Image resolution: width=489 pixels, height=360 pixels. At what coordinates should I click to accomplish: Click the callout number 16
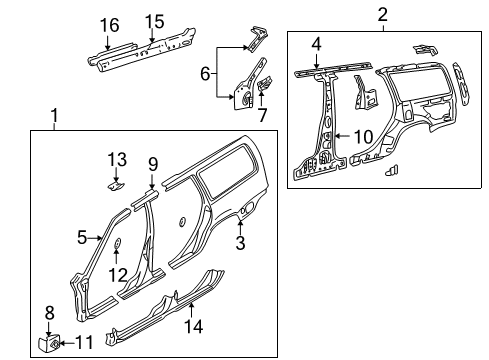[x=110, y=25]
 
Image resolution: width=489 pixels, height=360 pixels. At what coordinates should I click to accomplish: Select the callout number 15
[x=155, y=22]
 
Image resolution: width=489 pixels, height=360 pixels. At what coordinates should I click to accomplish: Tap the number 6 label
[x=205, y=73]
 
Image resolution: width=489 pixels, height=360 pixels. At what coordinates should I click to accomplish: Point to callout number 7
[x=262, y=115]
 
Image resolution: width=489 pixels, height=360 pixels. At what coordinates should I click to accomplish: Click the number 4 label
[x=317, y=44]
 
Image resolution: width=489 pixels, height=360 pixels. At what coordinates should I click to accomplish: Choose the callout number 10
[x=363, y=137]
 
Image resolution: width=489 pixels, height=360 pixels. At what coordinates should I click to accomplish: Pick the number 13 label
[x=117, y=159]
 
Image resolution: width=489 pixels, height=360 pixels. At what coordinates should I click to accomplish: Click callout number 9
[x=153, y=164]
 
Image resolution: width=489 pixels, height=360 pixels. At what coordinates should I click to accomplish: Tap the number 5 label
[x=82, y=237]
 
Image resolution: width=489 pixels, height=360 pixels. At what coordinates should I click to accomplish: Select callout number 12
[x=118, y=275]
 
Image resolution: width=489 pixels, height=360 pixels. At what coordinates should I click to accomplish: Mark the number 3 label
[x=240, y=242]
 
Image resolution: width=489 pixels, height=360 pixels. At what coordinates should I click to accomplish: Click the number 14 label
[x=194, y=326]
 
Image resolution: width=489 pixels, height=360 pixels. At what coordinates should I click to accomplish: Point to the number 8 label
[x=49, y=313]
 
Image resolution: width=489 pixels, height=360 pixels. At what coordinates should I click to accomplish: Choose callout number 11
[x=84, y=342]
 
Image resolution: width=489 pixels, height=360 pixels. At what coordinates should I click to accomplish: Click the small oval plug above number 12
[x=117, y=243]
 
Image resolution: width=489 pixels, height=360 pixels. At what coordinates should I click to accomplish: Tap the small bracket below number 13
[x=116, y=186]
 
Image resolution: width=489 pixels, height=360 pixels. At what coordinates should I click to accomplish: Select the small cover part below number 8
[x=49, y=344]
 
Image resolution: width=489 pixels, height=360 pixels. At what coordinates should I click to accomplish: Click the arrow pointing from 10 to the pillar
[x=342, y=136]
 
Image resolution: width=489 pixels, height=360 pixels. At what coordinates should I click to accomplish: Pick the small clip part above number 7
[x=265, y=83]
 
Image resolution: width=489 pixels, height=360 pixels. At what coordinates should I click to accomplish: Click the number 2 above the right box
[x=383, y=15]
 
